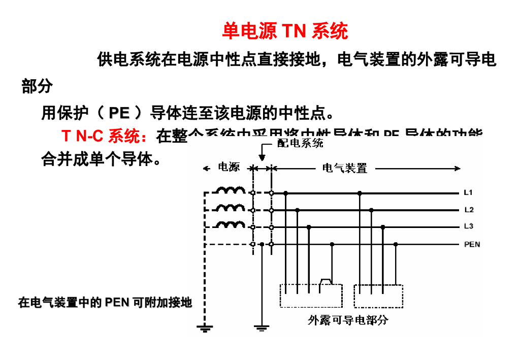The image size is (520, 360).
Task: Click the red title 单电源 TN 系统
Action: point(285,31)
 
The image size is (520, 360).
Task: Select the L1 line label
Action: point(468,193)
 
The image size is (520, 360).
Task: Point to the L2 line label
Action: point(469,210)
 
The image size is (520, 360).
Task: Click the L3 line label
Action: point(469,226)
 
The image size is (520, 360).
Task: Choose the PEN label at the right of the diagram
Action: point(472,244)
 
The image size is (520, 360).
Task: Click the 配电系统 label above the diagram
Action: point(300,143)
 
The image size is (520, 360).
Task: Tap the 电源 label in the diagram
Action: point(229,167)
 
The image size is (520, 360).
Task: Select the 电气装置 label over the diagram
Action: point(345,168)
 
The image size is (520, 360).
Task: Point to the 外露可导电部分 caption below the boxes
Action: point(348,320)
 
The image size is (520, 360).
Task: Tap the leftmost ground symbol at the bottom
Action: point(205,328)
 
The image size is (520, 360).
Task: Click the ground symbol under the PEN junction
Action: point(261,328)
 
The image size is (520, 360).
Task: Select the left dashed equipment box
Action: point(311,296)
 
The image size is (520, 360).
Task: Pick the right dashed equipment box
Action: point(378,296)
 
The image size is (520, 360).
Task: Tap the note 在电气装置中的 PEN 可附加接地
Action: point(105,303)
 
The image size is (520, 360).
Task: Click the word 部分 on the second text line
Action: point(37,87)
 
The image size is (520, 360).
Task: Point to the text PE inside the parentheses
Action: point(119,112)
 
